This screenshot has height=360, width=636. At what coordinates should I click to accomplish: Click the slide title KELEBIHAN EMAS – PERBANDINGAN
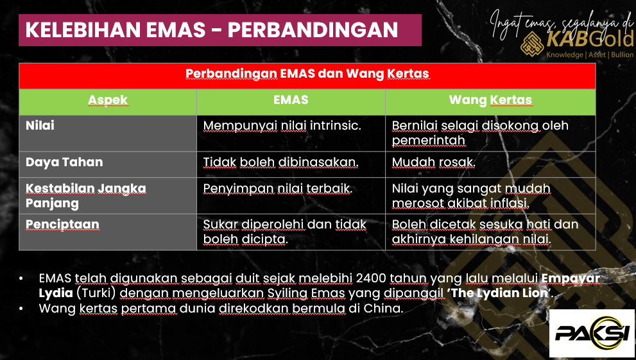[211, 30]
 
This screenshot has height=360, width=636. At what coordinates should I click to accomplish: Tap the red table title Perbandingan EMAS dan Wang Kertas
[307, 74]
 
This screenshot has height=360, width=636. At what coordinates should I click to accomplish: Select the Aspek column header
[108, 100]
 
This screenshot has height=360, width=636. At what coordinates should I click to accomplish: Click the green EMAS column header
[291, 99]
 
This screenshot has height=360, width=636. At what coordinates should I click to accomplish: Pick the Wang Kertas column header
[490, 99]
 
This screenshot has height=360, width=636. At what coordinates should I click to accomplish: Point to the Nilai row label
[40, 125]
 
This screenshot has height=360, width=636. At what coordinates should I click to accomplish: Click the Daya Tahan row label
[64, 162]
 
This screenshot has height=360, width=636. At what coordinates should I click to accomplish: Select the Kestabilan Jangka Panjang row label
[85, 196]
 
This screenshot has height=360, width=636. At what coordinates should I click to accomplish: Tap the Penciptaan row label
[62, 224]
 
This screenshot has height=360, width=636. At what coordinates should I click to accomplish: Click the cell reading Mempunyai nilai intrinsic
[282, 126]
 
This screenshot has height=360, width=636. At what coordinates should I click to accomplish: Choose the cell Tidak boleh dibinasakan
[280, 162]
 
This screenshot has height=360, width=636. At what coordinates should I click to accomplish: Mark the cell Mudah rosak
[433, 162]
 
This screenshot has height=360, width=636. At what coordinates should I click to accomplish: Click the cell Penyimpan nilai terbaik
[278, 189]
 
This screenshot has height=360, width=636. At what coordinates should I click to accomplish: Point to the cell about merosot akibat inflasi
[471, 196]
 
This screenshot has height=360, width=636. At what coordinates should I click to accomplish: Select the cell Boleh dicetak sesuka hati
[485, 232]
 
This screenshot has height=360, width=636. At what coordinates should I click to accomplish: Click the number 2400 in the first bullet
[371, 278]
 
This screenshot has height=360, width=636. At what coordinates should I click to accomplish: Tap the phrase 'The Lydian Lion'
[500, 293]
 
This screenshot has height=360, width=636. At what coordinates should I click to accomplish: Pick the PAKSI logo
[592, 333]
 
